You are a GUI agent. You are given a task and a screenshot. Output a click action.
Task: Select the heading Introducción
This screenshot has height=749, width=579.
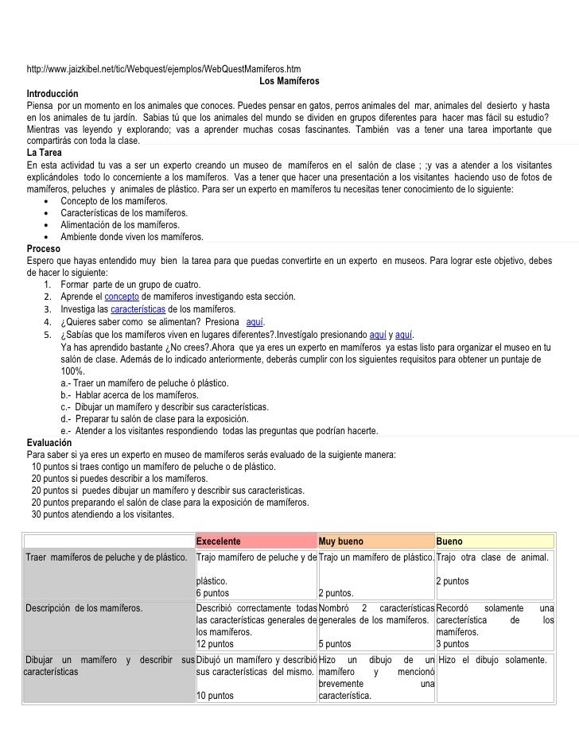[x=52, y=93]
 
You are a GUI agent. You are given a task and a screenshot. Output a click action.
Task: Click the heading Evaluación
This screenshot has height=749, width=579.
[x=49, y=443]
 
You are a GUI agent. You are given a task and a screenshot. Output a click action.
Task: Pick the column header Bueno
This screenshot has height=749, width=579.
[x=449, y=541]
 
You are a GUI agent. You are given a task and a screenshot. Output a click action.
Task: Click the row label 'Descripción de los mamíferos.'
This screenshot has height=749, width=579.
[x=84, y=609]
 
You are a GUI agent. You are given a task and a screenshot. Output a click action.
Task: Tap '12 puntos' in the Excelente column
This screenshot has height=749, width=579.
[x=217, y=644]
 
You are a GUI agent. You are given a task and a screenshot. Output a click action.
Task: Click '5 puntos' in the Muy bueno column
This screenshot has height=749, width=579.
[x=334, y=644]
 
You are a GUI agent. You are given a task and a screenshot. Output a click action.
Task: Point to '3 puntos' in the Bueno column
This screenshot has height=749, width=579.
[x=453, y=644]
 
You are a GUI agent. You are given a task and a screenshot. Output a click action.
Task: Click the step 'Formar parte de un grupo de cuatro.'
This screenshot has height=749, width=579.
[x=130, y=285]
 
